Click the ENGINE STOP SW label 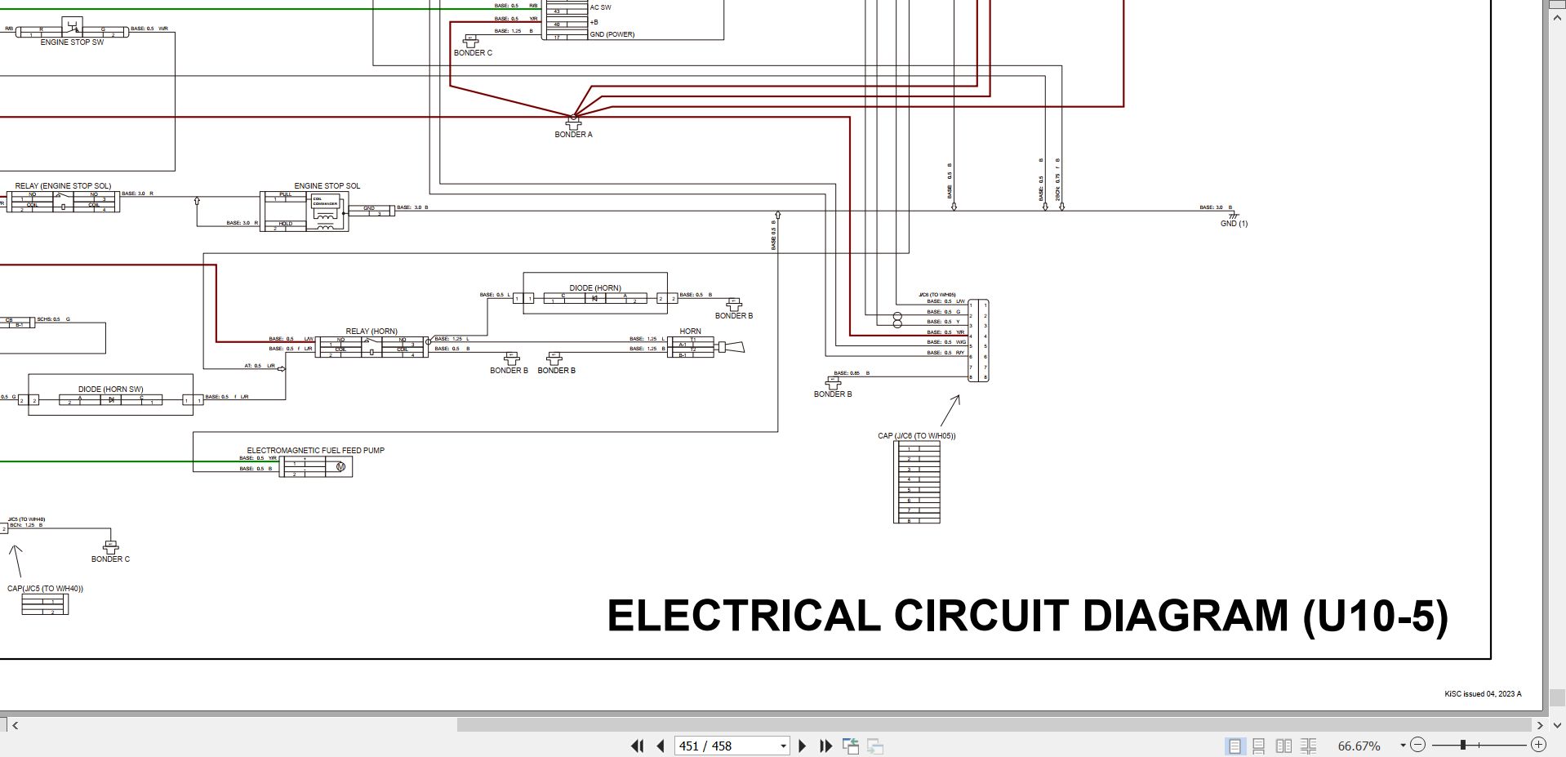[72, 42]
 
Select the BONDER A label [573, 135]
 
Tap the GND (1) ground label [1234, 224]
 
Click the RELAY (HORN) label [371, 332]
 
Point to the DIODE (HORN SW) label [110, 390]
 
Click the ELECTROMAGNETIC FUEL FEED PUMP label [315, 451]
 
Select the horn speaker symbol [731, 349]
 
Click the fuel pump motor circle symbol [340, 467]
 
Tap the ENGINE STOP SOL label [327, 186]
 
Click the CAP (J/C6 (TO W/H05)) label [916, 436]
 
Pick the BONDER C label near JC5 [110, 559]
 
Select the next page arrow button [802, 746]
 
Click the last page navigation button [825, 746]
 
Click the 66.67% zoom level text [1359, 746]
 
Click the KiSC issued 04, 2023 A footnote [1483, 694]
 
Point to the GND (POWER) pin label [612, 35]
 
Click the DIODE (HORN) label [594, 288]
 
